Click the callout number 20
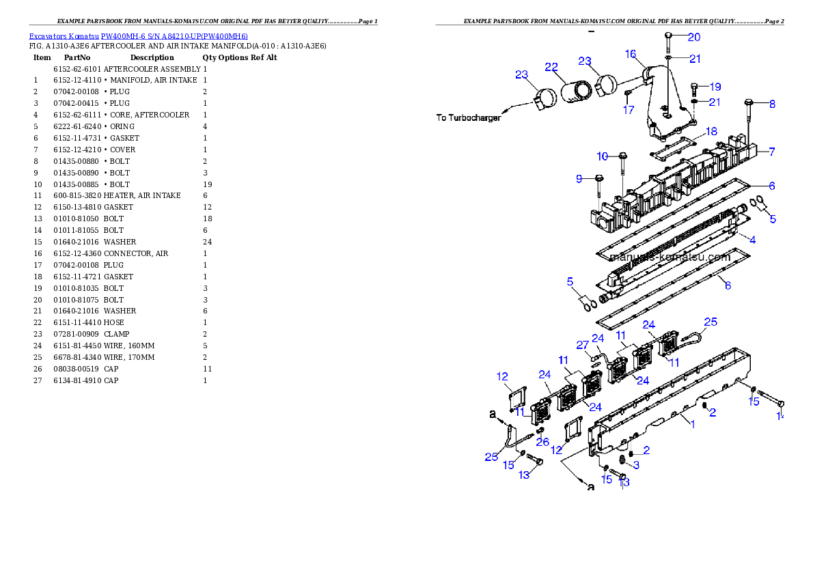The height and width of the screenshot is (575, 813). click(x=693, y=37)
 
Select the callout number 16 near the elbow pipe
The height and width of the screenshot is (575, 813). click(x=630, y=54)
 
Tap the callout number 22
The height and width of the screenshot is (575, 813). click(x=551, y=66)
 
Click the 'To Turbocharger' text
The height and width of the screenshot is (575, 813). click(x=469, y=117)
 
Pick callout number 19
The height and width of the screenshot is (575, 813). click(x=715, y=87)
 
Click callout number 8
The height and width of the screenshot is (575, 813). click(x=772, y=104)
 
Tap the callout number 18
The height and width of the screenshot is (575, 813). click(x=711, y=131)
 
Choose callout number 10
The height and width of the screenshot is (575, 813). click(x=602, y=156)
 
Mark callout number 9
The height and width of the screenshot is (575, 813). click(x=579, y=179)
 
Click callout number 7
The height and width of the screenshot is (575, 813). click(x=772, y=152)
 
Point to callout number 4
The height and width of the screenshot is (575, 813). click(x=752, y=240)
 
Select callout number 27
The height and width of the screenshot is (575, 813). click(x=582, y=344)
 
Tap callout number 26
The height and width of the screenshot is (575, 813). click(x=542, y=442)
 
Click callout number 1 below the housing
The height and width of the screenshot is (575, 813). click(x=691, y=424)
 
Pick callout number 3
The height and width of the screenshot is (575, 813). click(x=637, y=465)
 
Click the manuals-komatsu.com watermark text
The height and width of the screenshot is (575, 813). click(x=661, y=257)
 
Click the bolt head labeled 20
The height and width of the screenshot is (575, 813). click(x=670, y=35)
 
